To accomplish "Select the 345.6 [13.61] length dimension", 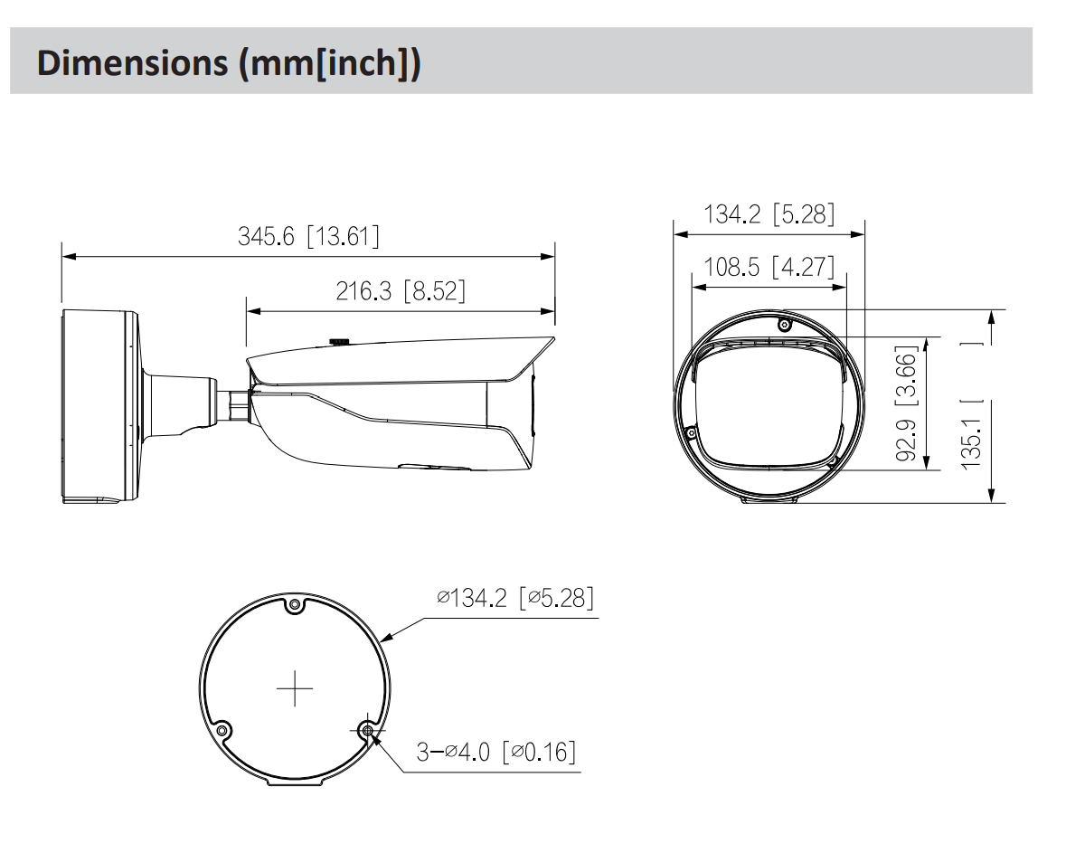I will pyautogui.click(x=308, y=237).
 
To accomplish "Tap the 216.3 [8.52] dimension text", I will pyautogui.click(x=401, y=291).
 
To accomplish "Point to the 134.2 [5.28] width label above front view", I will pyautogui.click(x=769, y=214).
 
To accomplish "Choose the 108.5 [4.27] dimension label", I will pyautogui.click(x=769, y=268).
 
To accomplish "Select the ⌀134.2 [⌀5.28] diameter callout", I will pyautogui.click(x=514, y=598).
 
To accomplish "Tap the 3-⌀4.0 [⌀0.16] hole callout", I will pyautogui.click(x=495, y=752).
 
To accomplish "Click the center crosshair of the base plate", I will pyautogui.click(x=294, y=691).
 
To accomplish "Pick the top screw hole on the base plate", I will pyautogui.click(x=294, y=606).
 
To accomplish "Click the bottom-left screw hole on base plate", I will pyautogui.click(x=221, y=729).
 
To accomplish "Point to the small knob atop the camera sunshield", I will pyautogui.click(x=339, y=340).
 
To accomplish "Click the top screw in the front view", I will pyautogui.click(x=784, y=325).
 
